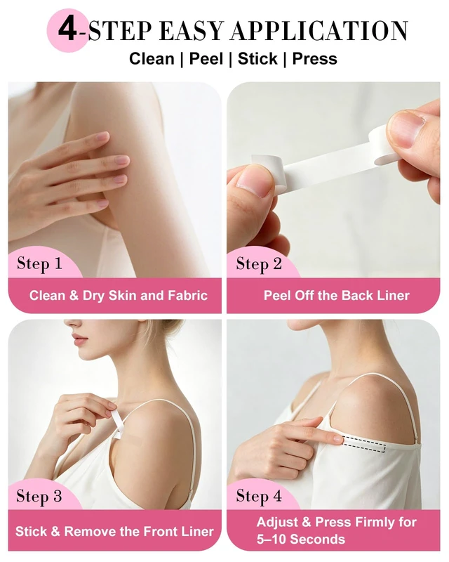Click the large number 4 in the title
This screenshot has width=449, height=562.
click(x=67, y=30)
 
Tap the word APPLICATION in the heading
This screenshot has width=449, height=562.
click(x=319, y=31)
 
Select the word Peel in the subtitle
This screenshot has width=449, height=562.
click(x=206, y=59)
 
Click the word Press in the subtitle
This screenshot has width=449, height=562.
click(x=315, y=59)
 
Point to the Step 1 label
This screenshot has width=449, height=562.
click(x=39, y=264)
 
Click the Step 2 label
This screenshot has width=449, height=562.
click(x=258, y=264)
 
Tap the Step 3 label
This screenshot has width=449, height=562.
click(x=39, y=497)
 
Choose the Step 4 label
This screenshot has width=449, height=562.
click(x=258, y=497)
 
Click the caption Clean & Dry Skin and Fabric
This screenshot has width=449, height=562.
click(x=119, y=296)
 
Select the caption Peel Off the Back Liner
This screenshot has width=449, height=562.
click(x=337, y=296)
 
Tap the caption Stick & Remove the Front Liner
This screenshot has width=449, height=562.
click(x=114, y=531)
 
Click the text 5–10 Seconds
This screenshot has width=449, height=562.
click(x=301, y=539)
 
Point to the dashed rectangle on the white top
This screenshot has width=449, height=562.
click(x=364, y=445)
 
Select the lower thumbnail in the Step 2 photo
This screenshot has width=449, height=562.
click(x=254, y=183)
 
